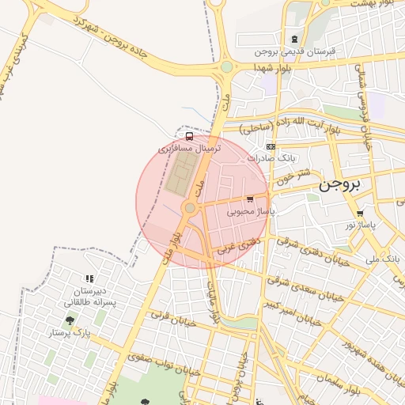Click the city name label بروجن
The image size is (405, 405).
tap(340, 185)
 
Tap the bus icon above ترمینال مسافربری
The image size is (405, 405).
tap(188, 135)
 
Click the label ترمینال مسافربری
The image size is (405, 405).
tap(190, 148)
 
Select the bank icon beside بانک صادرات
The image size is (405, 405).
tap(271, 147)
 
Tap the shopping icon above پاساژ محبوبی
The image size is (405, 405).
tap(250, 199)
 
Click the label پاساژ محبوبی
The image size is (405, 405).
tap(250, 211)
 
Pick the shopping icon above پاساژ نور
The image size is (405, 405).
tap(361, 214)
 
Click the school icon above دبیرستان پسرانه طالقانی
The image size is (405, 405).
tap(89, 278)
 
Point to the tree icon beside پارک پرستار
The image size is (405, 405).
tap(70, 320)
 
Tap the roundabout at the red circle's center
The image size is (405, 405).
tap(190, 208)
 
